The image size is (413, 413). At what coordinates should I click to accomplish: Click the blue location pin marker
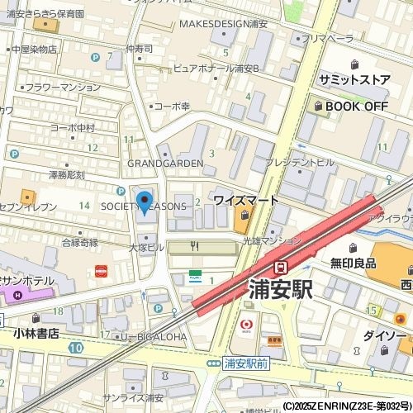(145, 202)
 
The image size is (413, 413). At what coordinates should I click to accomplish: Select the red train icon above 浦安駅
(281, 267)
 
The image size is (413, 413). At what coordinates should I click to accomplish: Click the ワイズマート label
(246, 201)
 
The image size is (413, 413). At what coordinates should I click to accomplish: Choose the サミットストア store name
(354, 78)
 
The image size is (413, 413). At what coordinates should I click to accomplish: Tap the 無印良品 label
(354, 263)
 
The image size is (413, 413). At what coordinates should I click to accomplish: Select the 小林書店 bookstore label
(36, 334)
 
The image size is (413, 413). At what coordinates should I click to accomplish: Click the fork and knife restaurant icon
(195, 246)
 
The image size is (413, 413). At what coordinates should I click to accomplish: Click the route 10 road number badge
(76, 349)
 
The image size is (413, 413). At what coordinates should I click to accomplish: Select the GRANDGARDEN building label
(165, 164)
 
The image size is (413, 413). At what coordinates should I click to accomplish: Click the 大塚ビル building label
(146, 247)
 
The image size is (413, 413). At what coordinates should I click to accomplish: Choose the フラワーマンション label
(63, 87)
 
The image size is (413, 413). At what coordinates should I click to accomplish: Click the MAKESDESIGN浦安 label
(223, 24)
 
